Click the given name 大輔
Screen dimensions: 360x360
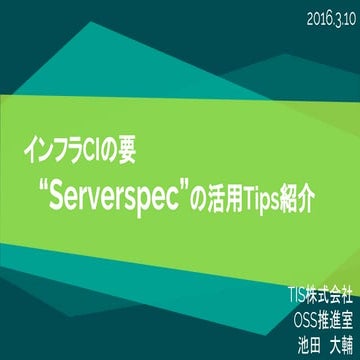(335, 341)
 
